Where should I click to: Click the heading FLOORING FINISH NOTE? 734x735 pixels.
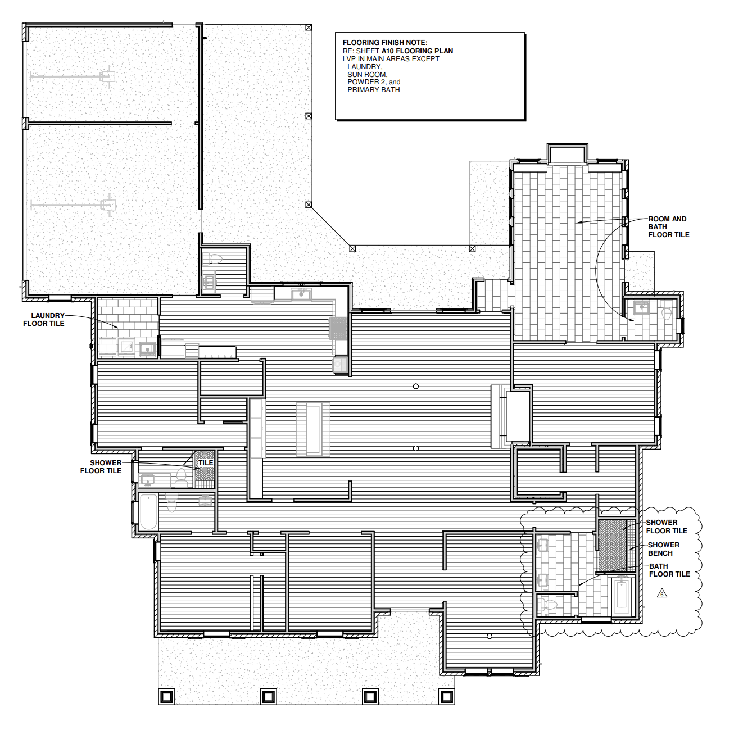tap(385, 43)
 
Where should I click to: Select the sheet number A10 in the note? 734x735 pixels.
tap(388, 51)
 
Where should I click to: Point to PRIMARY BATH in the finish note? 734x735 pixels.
tap(374, 90)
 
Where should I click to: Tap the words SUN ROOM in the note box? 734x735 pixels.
tap(367, 75)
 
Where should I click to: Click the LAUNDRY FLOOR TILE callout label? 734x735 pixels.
tap(44, 320)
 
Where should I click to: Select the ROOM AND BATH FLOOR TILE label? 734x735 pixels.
tap(668, 227)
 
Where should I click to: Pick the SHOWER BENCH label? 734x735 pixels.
tap(663, 549)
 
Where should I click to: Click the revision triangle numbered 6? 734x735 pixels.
tap(662, 593)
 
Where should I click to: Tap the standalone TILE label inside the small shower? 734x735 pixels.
tap(206, 462)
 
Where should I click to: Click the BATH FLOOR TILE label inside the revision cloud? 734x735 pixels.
tap(669, 570)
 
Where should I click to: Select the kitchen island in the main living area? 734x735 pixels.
tap(313, 429)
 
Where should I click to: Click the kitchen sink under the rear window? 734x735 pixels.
tap(301, 295)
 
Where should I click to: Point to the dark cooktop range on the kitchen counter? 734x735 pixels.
tap(338, 328)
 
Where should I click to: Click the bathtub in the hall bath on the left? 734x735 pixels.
tap(148, 511)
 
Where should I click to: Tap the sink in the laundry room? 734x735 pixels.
tap(148, 348)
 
